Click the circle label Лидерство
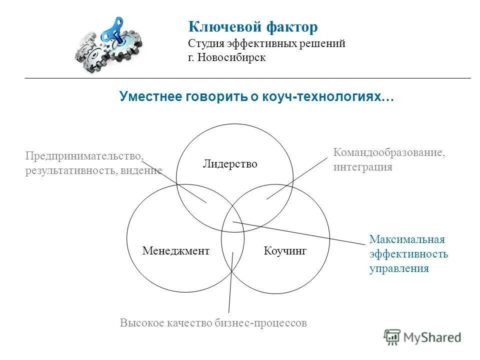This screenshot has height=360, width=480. tap(230, 164)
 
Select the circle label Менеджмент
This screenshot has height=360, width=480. tap(175, 250)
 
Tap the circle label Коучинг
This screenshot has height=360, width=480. tap(285, 250)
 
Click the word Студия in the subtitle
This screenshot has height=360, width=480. tap(206, 43)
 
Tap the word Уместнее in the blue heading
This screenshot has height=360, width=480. tap(151, 96)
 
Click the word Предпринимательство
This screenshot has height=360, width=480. tap(84, 156)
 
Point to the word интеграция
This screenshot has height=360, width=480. tap(362, 167)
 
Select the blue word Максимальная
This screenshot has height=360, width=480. tap(407, 239)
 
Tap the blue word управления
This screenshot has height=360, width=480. tap(399, 268)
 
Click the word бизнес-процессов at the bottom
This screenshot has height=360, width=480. tap(265, 323)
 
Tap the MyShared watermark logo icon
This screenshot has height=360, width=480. tap(393, 336)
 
